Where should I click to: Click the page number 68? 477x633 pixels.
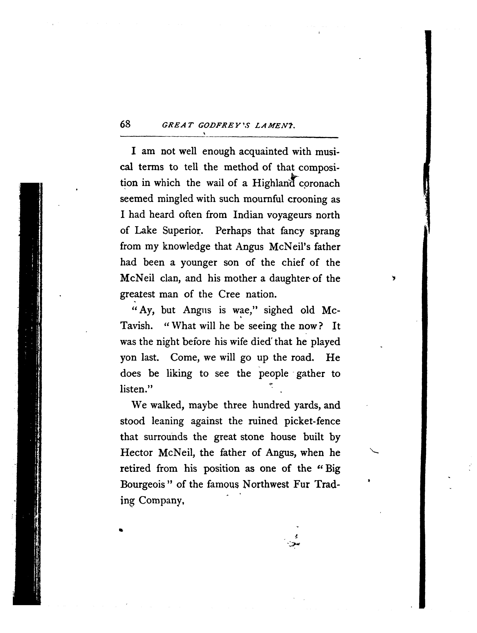(x=125, y=124)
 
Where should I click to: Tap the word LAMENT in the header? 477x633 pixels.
(x=274, y=125)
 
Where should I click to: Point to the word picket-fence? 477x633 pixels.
(x=312, y=421)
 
